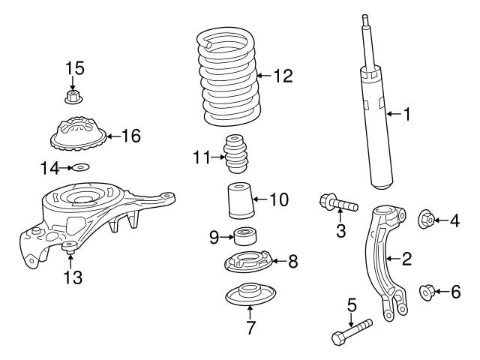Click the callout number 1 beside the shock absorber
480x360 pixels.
[x=407, y=115]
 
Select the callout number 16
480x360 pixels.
[x=131, y=136]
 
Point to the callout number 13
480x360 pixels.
[x=72, y=277]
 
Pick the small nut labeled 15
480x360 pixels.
[x=73, y=96]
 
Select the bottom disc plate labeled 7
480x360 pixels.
[x=251, y=295]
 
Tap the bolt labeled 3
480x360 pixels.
[x=338, y=202]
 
